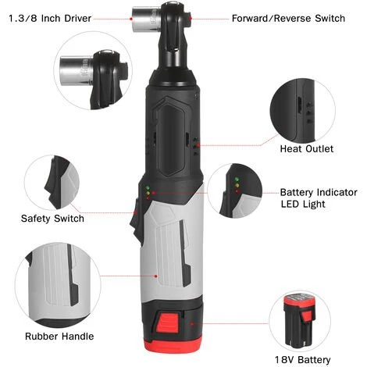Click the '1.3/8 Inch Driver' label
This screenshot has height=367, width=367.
click(50, 19)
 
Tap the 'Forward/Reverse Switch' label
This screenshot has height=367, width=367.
click(288, 19)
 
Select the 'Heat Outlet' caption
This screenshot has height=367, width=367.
click(307, 149)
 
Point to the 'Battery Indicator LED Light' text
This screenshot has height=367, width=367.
click(319, 198)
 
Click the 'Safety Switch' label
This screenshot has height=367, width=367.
click(52, 219)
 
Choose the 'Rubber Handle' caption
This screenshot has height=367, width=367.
click(59, 337)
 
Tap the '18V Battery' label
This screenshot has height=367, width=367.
click(303, 360)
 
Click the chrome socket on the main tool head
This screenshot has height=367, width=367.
click(146, 20)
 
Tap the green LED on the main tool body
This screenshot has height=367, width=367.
click(148, 187)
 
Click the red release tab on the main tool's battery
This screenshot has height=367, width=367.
click(168, 323)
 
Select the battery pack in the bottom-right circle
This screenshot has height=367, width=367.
click(300, 322)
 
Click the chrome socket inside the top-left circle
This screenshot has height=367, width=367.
click(76, 70)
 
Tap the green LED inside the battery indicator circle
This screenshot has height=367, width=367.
click(237, 180)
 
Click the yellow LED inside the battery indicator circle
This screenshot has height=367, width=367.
click(237, 185)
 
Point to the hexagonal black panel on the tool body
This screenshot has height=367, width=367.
click(170, 137)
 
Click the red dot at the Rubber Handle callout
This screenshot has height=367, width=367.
click(156, 276)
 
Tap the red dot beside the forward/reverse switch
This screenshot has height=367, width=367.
click(191, 19)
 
